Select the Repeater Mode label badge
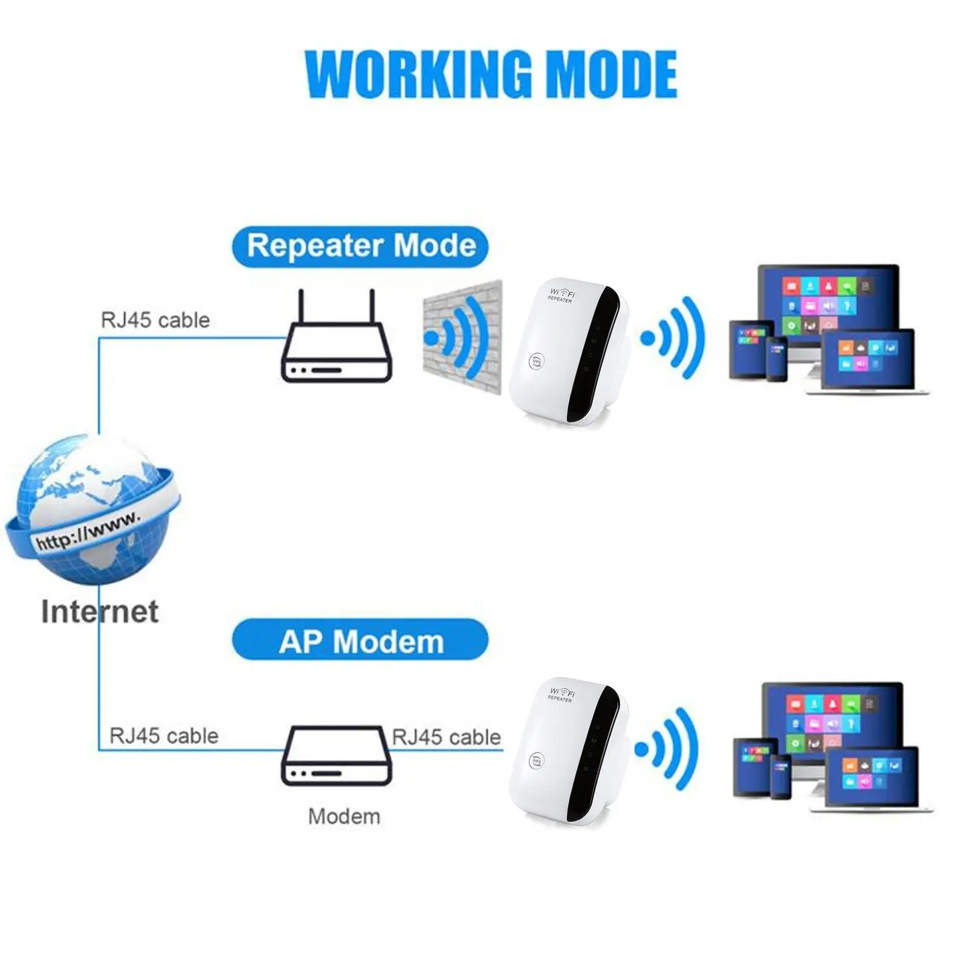360,247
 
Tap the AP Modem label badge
360,641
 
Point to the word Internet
100,612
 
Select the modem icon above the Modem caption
337,755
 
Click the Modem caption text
344,817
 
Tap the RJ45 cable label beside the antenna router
155,320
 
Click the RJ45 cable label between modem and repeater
446,737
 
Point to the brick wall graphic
462,338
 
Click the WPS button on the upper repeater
536,361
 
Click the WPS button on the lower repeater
536,760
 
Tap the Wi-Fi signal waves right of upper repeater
674,337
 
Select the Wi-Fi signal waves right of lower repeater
668,749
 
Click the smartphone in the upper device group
777,360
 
